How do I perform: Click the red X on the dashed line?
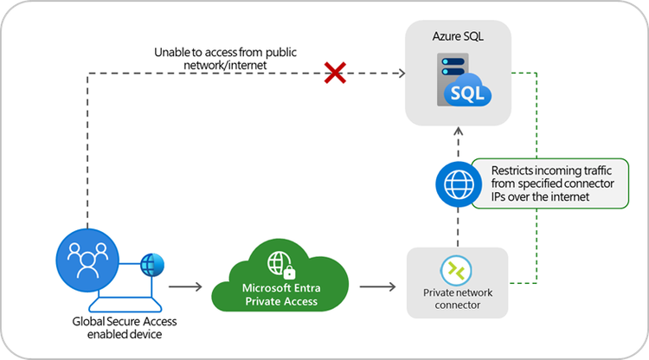click(335, 74)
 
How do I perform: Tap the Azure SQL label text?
click(458, 37)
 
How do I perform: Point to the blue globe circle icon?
click(458, 184)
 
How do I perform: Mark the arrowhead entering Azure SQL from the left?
click(401, 74)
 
